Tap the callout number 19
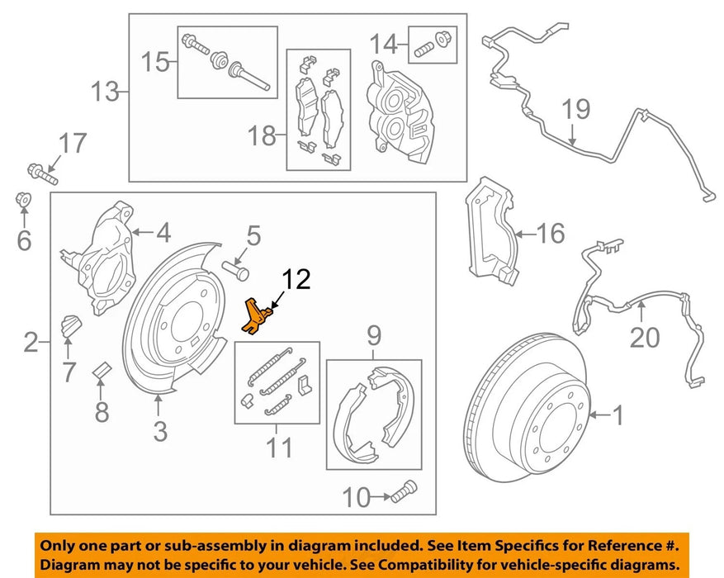click(578, 110)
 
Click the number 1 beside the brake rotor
click(618, 415)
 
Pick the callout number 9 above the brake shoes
click(374, 336)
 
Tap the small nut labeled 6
click(24, 200)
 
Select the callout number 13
click(105, 91)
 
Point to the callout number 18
click(263, 135)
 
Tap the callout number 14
click(384, 43)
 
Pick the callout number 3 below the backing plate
click(160, 430)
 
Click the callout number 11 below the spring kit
click(278, 448)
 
